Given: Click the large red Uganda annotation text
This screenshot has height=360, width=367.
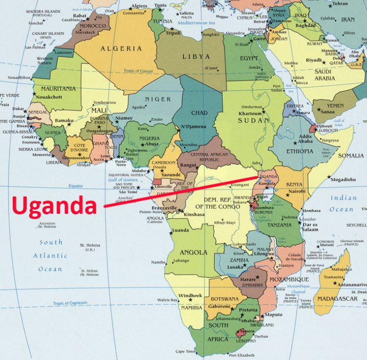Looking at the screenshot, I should click(54, 206).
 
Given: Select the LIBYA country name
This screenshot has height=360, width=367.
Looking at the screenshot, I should click(196, 56).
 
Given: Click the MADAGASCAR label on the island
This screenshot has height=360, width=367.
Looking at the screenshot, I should click(337, 298).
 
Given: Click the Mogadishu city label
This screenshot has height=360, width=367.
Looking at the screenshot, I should click(343, 180).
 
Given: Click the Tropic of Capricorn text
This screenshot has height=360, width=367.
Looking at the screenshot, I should click(70, 303).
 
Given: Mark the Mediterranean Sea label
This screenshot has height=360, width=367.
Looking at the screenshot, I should click(195, 22).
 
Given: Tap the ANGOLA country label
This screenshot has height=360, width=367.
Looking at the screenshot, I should click(194, 252).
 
